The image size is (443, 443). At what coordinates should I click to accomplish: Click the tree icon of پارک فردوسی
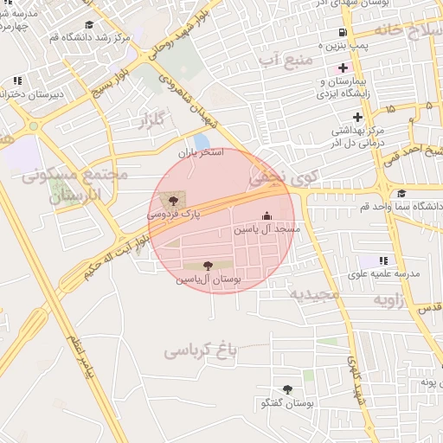174,201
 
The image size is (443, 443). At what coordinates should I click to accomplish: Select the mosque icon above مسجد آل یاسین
266,216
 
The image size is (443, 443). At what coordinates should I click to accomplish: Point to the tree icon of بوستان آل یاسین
208,266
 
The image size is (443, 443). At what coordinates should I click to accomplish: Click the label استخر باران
201,152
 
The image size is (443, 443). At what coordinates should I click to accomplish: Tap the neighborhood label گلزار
150,121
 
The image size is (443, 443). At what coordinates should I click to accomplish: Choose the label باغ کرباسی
201,352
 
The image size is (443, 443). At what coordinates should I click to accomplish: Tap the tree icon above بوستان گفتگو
287,389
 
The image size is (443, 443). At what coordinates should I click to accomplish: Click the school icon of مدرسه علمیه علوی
383,260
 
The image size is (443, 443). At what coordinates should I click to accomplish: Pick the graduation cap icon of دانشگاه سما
401,194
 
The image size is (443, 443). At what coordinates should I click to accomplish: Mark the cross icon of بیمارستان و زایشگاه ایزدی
343,67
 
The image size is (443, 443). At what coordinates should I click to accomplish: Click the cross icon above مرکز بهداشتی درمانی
357,117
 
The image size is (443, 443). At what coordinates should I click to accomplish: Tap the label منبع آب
285,59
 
